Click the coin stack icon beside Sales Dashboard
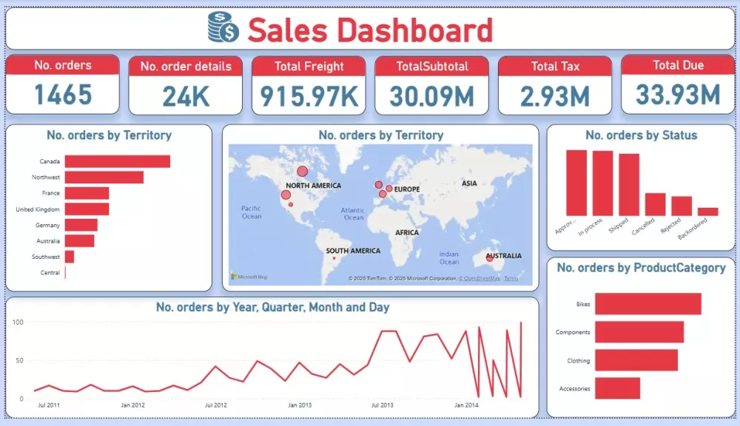tap(223, 28)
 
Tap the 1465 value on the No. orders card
tap(63, 95)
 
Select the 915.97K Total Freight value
tap(309, 95)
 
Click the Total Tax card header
tap(554, 66)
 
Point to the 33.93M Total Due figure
tap(678, 95)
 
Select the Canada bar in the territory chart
tap(117, 161)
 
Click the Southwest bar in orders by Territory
tap(70, 257)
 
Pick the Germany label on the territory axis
tap(47, 225)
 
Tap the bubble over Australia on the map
tap(489, 258)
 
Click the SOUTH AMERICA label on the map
tap(353, 251)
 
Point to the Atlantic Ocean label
tap(353, 214)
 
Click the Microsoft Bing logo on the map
tap(249, 277)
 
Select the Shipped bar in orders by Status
tap(629, 184)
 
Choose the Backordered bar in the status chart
tap(707, 212)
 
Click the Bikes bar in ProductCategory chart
tap(647, 304)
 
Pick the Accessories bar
tap(617, 388)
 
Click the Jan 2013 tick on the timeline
tap(300, 405)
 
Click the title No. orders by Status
tap(641, 135)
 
